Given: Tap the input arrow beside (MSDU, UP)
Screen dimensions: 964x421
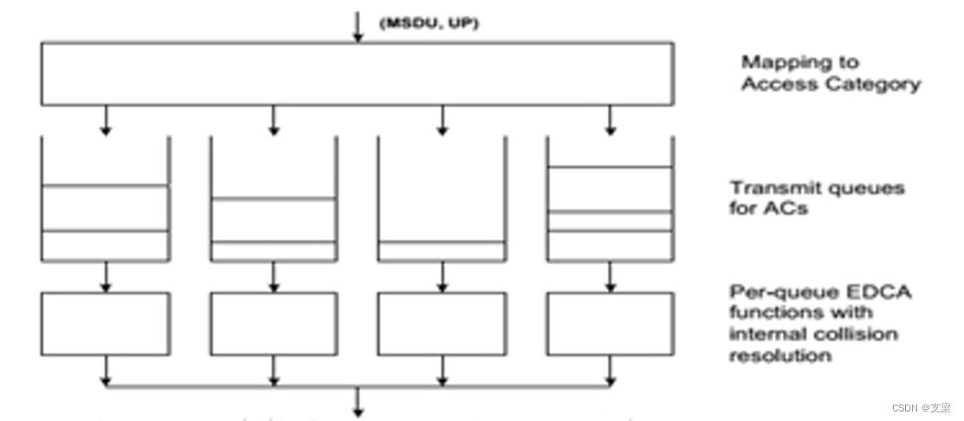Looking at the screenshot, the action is coord(357,23).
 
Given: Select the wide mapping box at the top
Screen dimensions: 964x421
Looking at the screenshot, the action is coord(357,74).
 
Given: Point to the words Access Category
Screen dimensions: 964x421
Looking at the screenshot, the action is coord(830,84).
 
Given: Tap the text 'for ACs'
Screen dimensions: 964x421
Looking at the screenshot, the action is coord(768,209).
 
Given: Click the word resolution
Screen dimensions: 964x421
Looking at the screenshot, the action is coord(780,355).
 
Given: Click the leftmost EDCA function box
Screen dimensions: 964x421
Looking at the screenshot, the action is coord(105,323).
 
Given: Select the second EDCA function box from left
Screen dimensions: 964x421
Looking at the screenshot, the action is coord(273,323).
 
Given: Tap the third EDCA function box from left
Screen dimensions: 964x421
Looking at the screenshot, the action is coord(441,323).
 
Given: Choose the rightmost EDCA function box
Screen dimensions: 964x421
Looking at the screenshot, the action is coord(610,323).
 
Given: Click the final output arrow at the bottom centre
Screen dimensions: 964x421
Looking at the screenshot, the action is coord(357,403).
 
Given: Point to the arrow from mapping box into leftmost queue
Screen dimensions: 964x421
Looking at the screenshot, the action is coord(105,120).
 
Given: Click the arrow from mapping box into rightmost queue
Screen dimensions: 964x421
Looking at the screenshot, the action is coord(610,120).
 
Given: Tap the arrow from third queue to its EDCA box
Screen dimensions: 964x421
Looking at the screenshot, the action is coord(442,276).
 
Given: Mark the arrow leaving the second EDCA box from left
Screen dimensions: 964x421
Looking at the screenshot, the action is coord(274,370).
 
